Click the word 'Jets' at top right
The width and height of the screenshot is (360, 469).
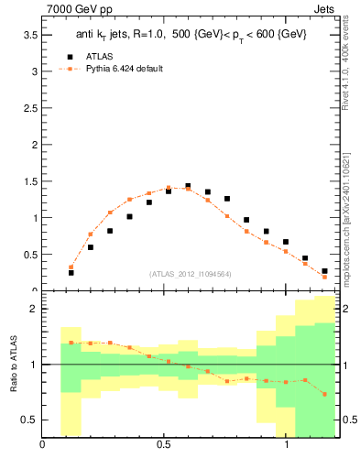click(324, 8)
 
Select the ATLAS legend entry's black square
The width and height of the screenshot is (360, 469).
click(71, 54)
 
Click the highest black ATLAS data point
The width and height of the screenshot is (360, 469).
click(188, 186)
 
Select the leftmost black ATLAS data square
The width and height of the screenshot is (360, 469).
click(71, 272)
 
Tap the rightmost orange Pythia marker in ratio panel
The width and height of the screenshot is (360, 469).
click(324, 394)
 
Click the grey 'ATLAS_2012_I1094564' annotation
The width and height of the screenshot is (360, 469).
click(190, 273)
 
